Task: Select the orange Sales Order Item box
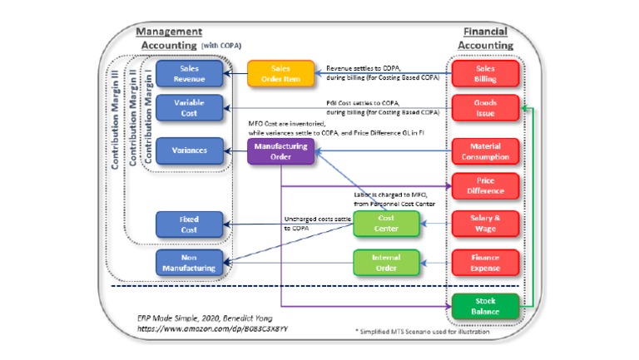tap(280, 73)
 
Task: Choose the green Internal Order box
tap(386, 263)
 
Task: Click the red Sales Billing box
tap(484, 73)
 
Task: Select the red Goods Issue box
tap(484, 110)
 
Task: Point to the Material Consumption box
tap(484, 150)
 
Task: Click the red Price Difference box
tap(484, 186)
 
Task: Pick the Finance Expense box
tap(484, 263)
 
